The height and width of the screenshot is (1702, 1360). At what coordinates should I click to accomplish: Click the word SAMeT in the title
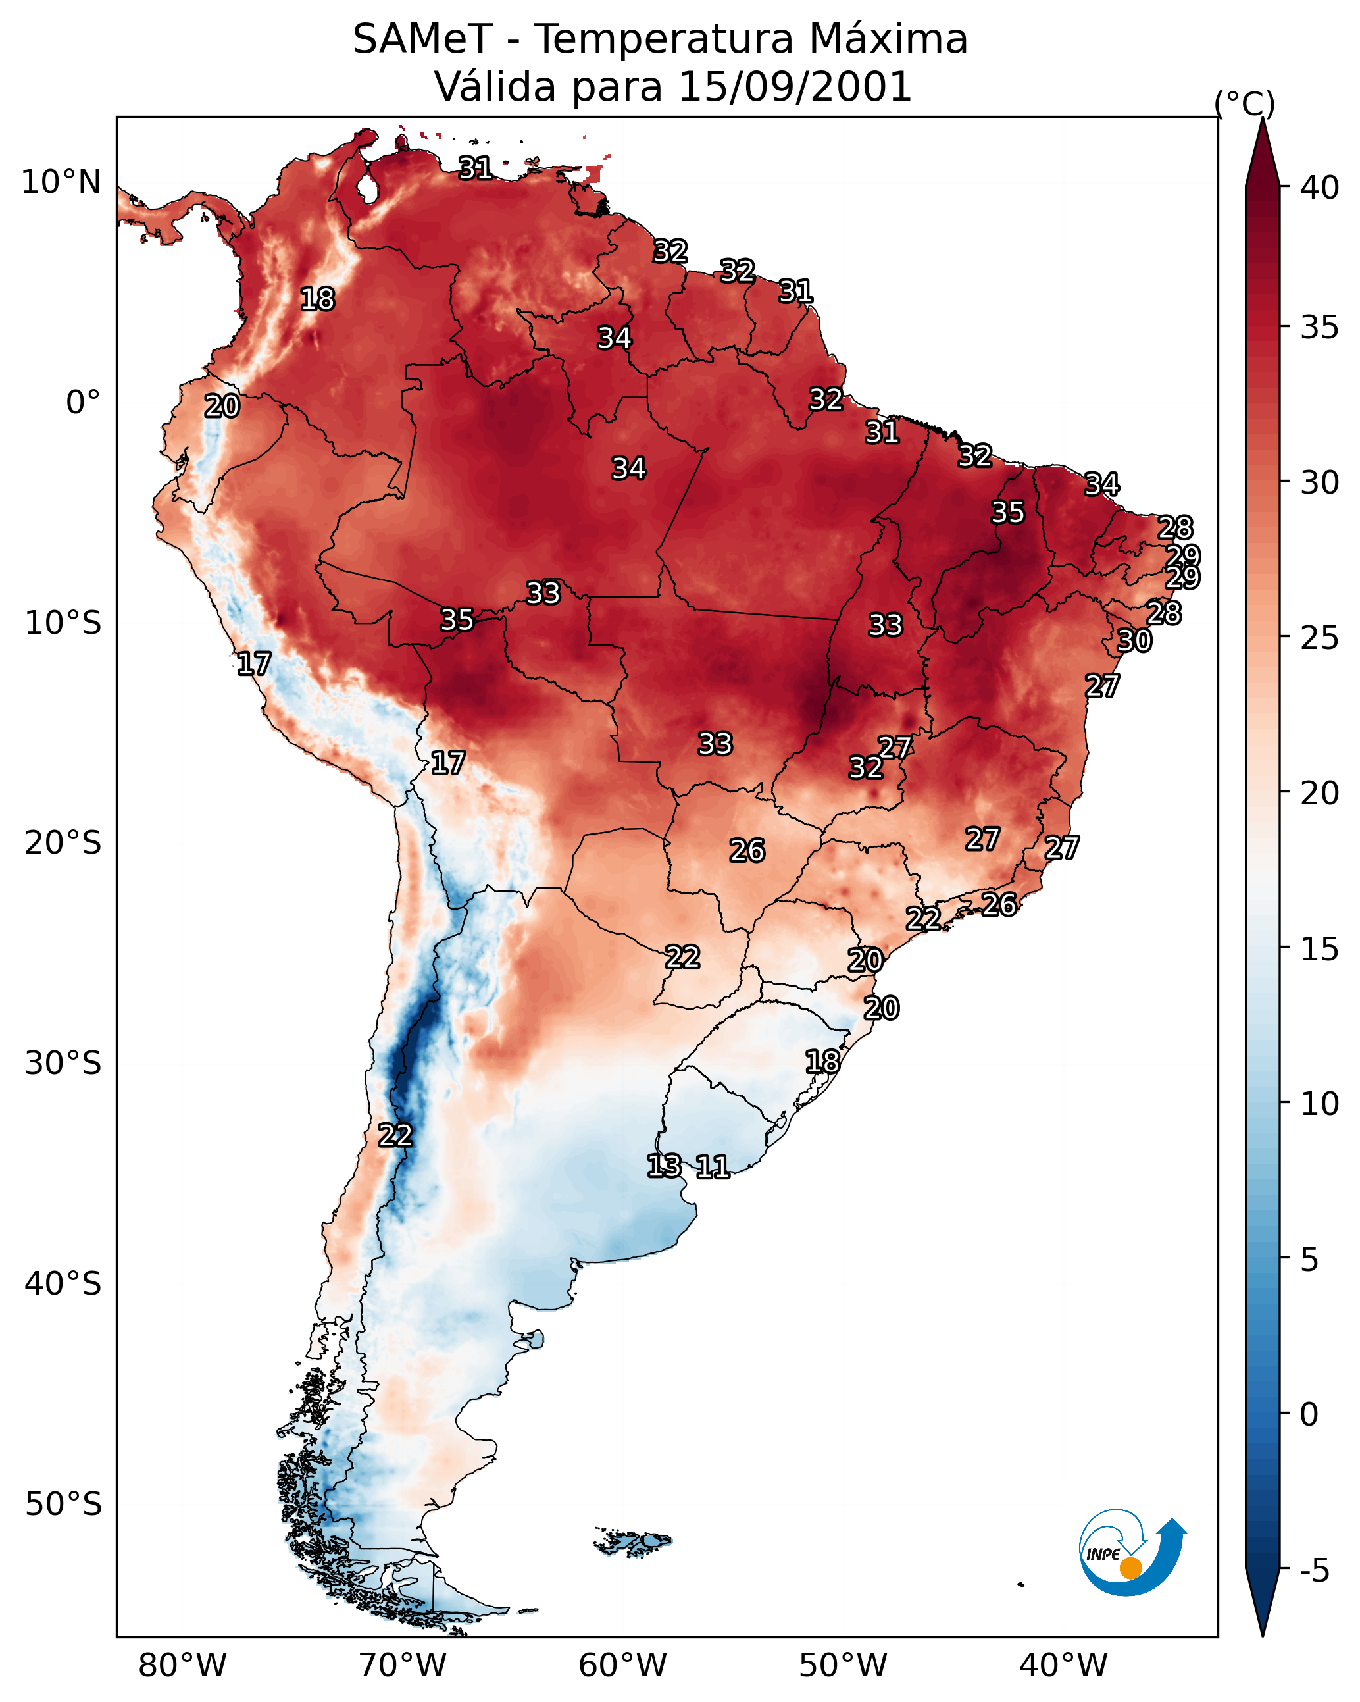[x=422, y=39]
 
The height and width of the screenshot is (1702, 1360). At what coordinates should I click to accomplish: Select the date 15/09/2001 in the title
[x=794, y=86]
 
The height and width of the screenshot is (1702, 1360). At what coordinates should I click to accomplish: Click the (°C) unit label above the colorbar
[x=1244, y=103]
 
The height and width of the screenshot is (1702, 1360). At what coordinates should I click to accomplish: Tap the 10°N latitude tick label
[x=61, y=182]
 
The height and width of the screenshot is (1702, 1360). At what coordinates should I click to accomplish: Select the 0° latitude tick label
[x=84, y=403]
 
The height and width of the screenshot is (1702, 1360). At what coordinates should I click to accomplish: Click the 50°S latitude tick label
[x=63, y=1505]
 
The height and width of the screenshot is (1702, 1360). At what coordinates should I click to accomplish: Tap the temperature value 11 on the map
[x=713, y=1166]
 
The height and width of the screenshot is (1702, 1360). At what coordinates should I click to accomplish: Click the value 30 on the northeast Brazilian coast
[x=1134, y=640]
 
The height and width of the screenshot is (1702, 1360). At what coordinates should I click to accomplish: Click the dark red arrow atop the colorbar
[x=1262, y=153]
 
